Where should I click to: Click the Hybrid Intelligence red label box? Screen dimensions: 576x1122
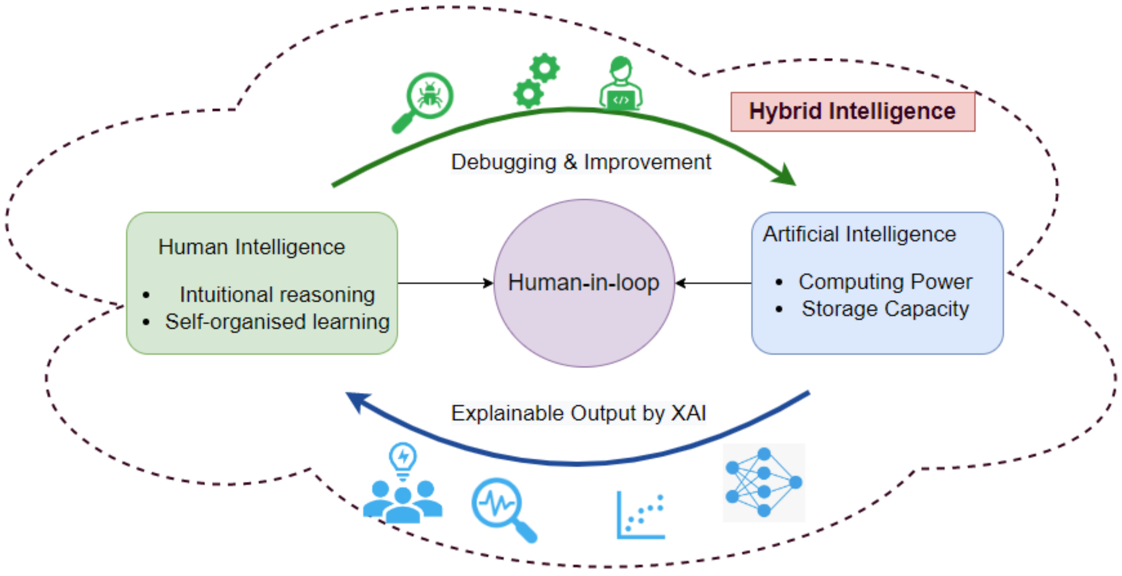853,111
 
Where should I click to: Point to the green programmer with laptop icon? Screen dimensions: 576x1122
621,84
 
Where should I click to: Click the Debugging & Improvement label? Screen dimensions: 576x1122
581,162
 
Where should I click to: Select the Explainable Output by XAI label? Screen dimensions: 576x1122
578,413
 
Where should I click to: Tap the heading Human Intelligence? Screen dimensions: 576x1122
251,247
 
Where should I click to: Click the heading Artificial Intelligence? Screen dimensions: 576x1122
859,234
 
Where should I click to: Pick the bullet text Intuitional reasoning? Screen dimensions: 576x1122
277,295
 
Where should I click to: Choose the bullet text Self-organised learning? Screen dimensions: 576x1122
277,322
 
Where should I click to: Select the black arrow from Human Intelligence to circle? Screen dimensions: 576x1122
444,283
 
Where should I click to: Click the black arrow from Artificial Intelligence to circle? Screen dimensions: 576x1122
714,283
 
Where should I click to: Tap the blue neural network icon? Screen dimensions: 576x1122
764,482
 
